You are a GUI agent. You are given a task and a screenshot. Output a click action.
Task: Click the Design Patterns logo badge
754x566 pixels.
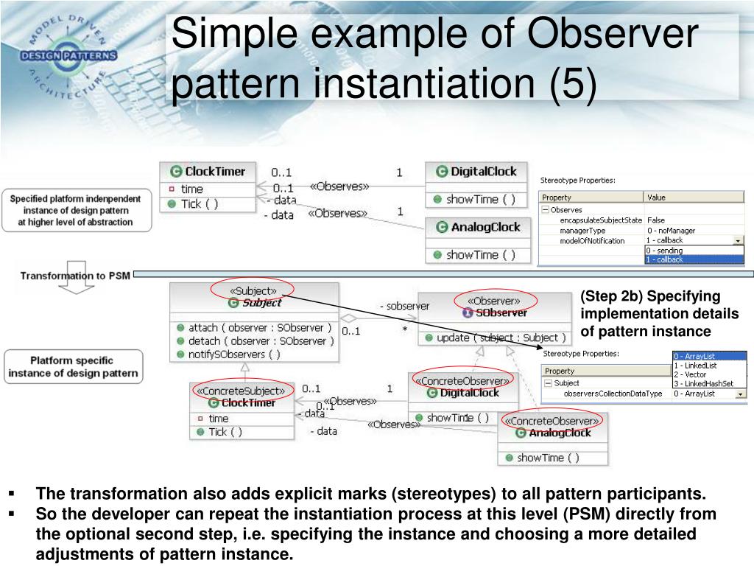tap(68, 56)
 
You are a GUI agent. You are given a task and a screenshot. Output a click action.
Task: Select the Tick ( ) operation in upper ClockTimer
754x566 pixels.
tap(200, 204)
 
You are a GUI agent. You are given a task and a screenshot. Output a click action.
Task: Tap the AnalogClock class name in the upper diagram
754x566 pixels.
tap(486, 227)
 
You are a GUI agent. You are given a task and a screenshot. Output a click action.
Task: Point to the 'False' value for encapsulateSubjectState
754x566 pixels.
tap(656, 220)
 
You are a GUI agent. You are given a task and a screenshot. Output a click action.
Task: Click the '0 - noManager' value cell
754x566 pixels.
tap(671, 231)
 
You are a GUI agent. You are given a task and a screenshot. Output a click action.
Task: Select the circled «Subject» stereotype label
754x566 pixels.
tap(253, 290)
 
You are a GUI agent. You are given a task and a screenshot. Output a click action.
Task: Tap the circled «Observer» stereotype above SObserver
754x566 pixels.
tap(496, 301)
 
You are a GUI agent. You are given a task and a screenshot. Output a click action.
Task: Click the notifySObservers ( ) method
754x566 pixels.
tap(234, 354)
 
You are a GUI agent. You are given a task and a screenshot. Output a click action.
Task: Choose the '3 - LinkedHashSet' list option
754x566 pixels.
tap(702, 383)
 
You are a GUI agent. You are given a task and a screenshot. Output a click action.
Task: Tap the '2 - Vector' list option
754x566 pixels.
tap(690, 374)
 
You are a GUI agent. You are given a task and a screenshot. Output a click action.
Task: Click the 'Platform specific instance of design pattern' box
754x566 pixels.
tap(73, 367)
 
